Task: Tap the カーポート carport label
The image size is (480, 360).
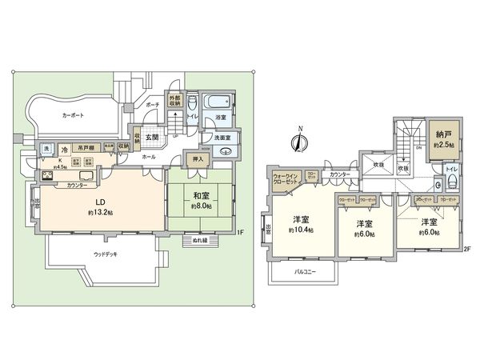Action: click(74, 115)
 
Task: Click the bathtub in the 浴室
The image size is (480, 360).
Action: click(216, 102)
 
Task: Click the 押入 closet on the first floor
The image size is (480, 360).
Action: click(198, 160)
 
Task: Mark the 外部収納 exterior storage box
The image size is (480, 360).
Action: click(175, 102)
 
